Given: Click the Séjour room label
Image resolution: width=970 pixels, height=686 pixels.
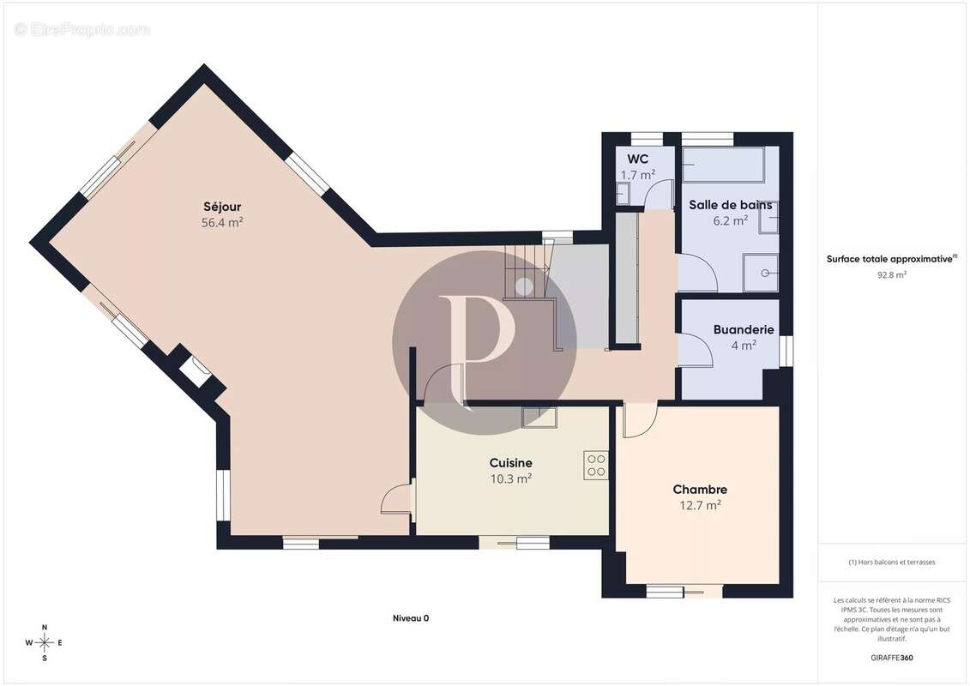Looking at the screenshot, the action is [222, 207].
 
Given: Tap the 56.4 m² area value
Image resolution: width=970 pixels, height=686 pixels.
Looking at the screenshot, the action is [222, 223].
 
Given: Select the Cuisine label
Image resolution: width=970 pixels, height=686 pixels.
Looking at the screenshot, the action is [511, 463].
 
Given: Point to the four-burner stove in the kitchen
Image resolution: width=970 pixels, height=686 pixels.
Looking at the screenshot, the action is [596, 465].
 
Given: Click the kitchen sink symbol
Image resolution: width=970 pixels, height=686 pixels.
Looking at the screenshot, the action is [539, 418].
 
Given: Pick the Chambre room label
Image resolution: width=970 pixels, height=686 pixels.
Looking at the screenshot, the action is [700, 490].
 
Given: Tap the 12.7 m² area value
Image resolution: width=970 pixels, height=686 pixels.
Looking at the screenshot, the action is [700, 505].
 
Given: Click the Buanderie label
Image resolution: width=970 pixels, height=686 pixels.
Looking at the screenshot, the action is [744, 329].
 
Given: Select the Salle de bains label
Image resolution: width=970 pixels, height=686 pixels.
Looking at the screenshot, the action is [731, 205].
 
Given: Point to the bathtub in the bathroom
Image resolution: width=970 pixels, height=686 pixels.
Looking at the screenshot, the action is [724, 165].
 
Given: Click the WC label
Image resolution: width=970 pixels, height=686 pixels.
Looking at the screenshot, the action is [638, 159].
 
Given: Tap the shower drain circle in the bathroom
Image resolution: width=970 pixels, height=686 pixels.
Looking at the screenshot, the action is [765, 273].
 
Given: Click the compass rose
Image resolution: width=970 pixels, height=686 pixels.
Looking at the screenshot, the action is [45, 643].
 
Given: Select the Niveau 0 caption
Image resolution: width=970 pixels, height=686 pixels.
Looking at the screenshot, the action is [411, 618].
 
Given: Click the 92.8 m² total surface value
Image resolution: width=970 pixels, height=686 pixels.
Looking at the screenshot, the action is [891, 275].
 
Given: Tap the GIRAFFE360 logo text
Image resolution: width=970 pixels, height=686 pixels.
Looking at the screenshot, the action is [891, 658].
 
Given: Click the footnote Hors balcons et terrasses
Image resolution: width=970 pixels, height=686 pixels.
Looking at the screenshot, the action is [891, 563].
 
